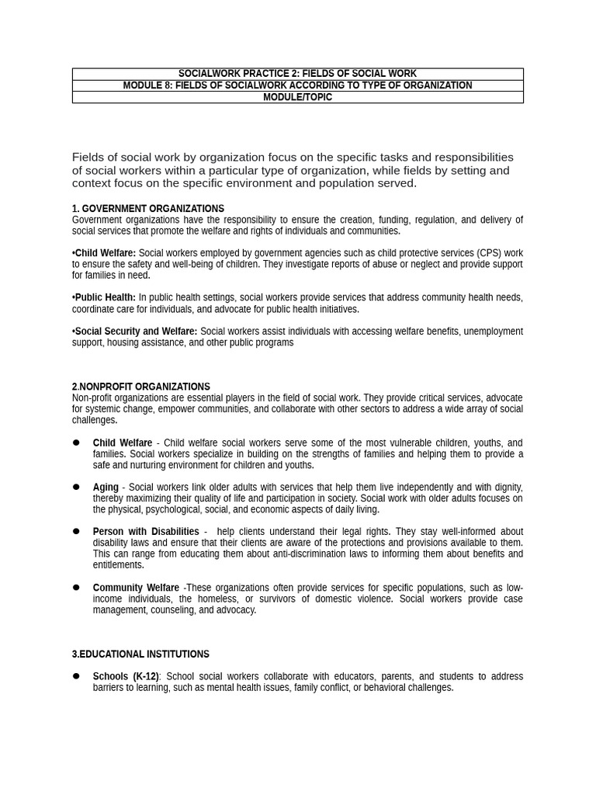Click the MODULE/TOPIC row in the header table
click(297, 97)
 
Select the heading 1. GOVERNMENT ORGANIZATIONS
click(148, 209)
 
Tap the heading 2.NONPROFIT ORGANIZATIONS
click(141, 387)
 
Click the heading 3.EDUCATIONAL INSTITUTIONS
click(140, 654)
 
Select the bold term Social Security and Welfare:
click(137, 332)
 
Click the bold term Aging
click(106, 488)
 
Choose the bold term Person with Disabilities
click(146, 532)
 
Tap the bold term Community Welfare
click(136, 588)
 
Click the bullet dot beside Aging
click(76, 487)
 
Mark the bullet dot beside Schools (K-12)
click(76, 676)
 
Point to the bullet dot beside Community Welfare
click(76, 587)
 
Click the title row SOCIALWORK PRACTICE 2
click(297, 74)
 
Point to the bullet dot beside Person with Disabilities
click(76, 531)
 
